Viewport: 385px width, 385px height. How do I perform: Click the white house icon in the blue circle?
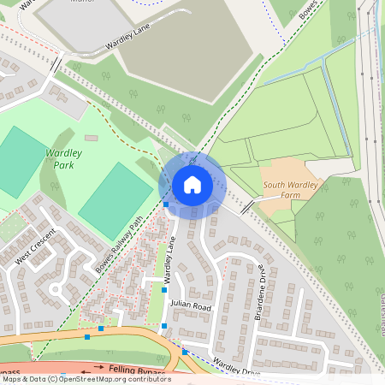192,184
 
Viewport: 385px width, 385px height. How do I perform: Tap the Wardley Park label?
63,158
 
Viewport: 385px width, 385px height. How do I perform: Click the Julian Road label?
190,305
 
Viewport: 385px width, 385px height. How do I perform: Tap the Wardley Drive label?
235,368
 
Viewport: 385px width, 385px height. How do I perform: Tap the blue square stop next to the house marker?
166,204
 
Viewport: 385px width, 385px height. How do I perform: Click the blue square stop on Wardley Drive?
184,352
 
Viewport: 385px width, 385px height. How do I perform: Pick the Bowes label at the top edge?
310,10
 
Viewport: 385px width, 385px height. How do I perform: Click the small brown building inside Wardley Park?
91,137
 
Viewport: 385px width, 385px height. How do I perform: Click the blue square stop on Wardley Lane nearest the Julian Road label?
165,290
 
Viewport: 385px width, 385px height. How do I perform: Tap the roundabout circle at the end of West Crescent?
58,288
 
